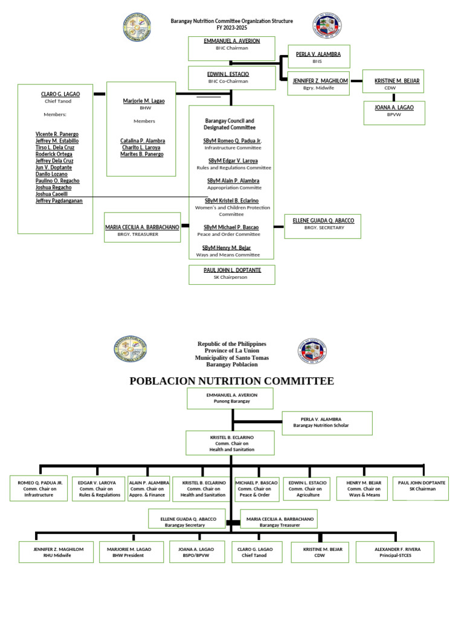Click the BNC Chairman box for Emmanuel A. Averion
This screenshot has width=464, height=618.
(231, 48)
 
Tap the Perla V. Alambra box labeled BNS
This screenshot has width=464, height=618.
(318, 57)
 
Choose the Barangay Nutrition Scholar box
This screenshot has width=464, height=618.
(327, 422)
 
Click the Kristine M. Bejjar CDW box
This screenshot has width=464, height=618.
(398, 83)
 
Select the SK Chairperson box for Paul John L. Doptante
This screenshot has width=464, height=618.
(232, 274)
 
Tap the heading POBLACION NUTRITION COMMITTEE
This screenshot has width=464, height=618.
(231, 380)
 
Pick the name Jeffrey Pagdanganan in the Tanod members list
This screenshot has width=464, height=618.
(59, 200)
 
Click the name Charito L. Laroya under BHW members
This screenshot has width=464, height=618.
(143, 147)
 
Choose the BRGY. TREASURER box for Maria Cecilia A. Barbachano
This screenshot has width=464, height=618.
(143, 230)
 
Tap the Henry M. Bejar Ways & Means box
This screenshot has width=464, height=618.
(362, 489)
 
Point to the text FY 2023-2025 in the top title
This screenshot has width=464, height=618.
(231, 28)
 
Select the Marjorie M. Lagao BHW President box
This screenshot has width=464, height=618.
(131, 552)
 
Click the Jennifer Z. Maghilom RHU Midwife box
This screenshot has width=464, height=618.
(55, 552)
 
